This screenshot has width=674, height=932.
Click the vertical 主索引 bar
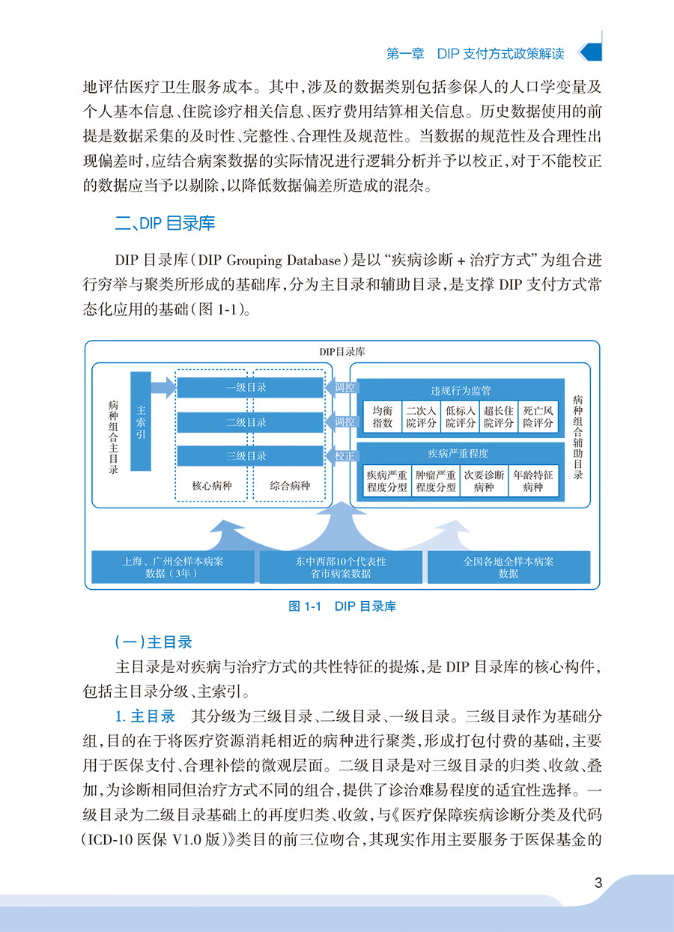pyautogui.click(x=142, y=421)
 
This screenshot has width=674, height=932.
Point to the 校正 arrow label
pyautogui.click(x=344, y=456)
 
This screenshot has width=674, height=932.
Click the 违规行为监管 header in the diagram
pyautogui.click(x=460, y=391)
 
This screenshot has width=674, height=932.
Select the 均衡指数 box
pyautogui.click(x=383, y=417)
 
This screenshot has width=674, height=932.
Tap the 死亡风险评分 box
pyautogui.click(x=538, y=417)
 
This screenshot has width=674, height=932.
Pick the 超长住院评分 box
pyautogui.click(x=499, y=417)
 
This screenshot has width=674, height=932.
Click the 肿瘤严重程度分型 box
pyautogui.click(x=436, y=481)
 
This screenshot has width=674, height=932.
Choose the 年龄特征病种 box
pyautogui.click(x=533, y=481)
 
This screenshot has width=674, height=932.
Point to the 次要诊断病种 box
pyautogui.click(x=484, y=481)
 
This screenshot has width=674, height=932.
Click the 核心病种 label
pyautogui.click(x=213, y=486)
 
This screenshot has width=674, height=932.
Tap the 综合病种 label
pyautogui.click(x=290, y=486)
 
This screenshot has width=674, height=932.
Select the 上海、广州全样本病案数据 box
pyautogui.click(x=173, y=567)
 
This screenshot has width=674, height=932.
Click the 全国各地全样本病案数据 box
pyautogui.click(x=508, y=567)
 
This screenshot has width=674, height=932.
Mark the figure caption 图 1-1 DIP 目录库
pyautogui.click(x=342, y=606)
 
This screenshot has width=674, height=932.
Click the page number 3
pyautogui.click(x=598, y=883)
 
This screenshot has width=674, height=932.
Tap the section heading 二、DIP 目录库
pyautogui.click(x=166, y=222)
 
